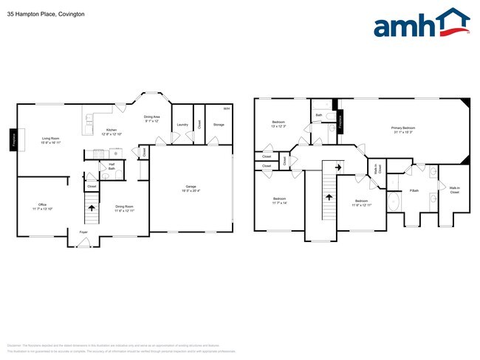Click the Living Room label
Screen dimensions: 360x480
(x=50, y=139)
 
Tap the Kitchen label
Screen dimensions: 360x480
(x=112, y=131)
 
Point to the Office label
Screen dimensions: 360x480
(x=43, y=204)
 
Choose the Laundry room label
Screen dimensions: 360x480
(x=180, y=125)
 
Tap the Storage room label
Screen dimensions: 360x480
(x=219, y=125)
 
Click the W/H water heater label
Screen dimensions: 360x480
(x=226, y=109)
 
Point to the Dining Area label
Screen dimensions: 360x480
(x=151, y=117)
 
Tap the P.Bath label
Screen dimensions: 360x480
(x=414, y=190)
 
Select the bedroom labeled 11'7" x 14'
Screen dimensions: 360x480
(x=280, y=201)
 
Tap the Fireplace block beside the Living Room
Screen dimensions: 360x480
(x=13, y=139)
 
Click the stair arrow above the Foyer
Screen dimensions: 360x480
(x=92, y=209)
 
